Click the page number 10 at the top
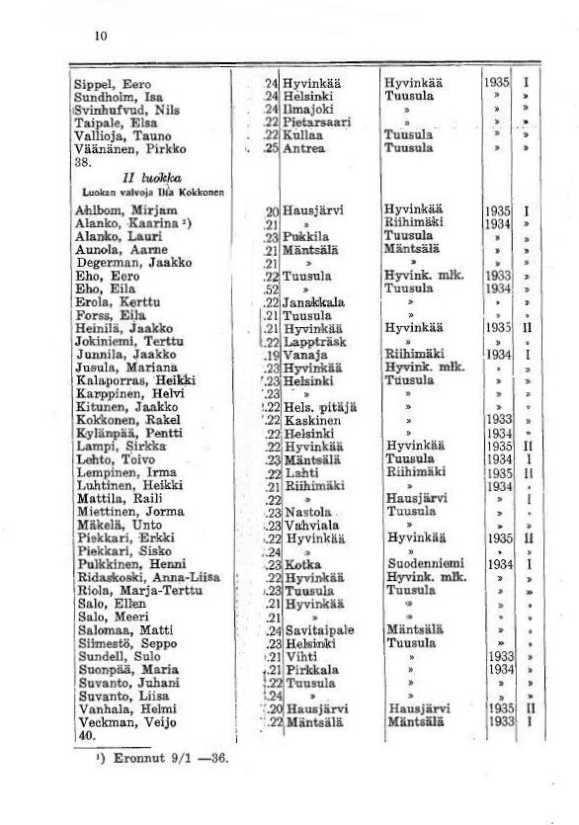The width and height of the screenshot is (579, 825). (100, 37)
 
